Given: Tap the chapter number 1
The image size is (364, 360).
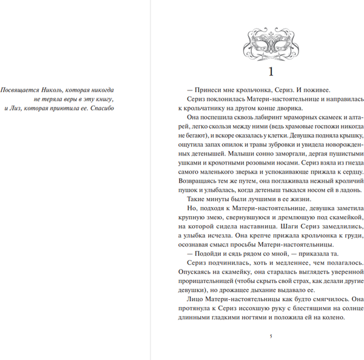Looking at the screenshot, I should coord(271,70).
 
